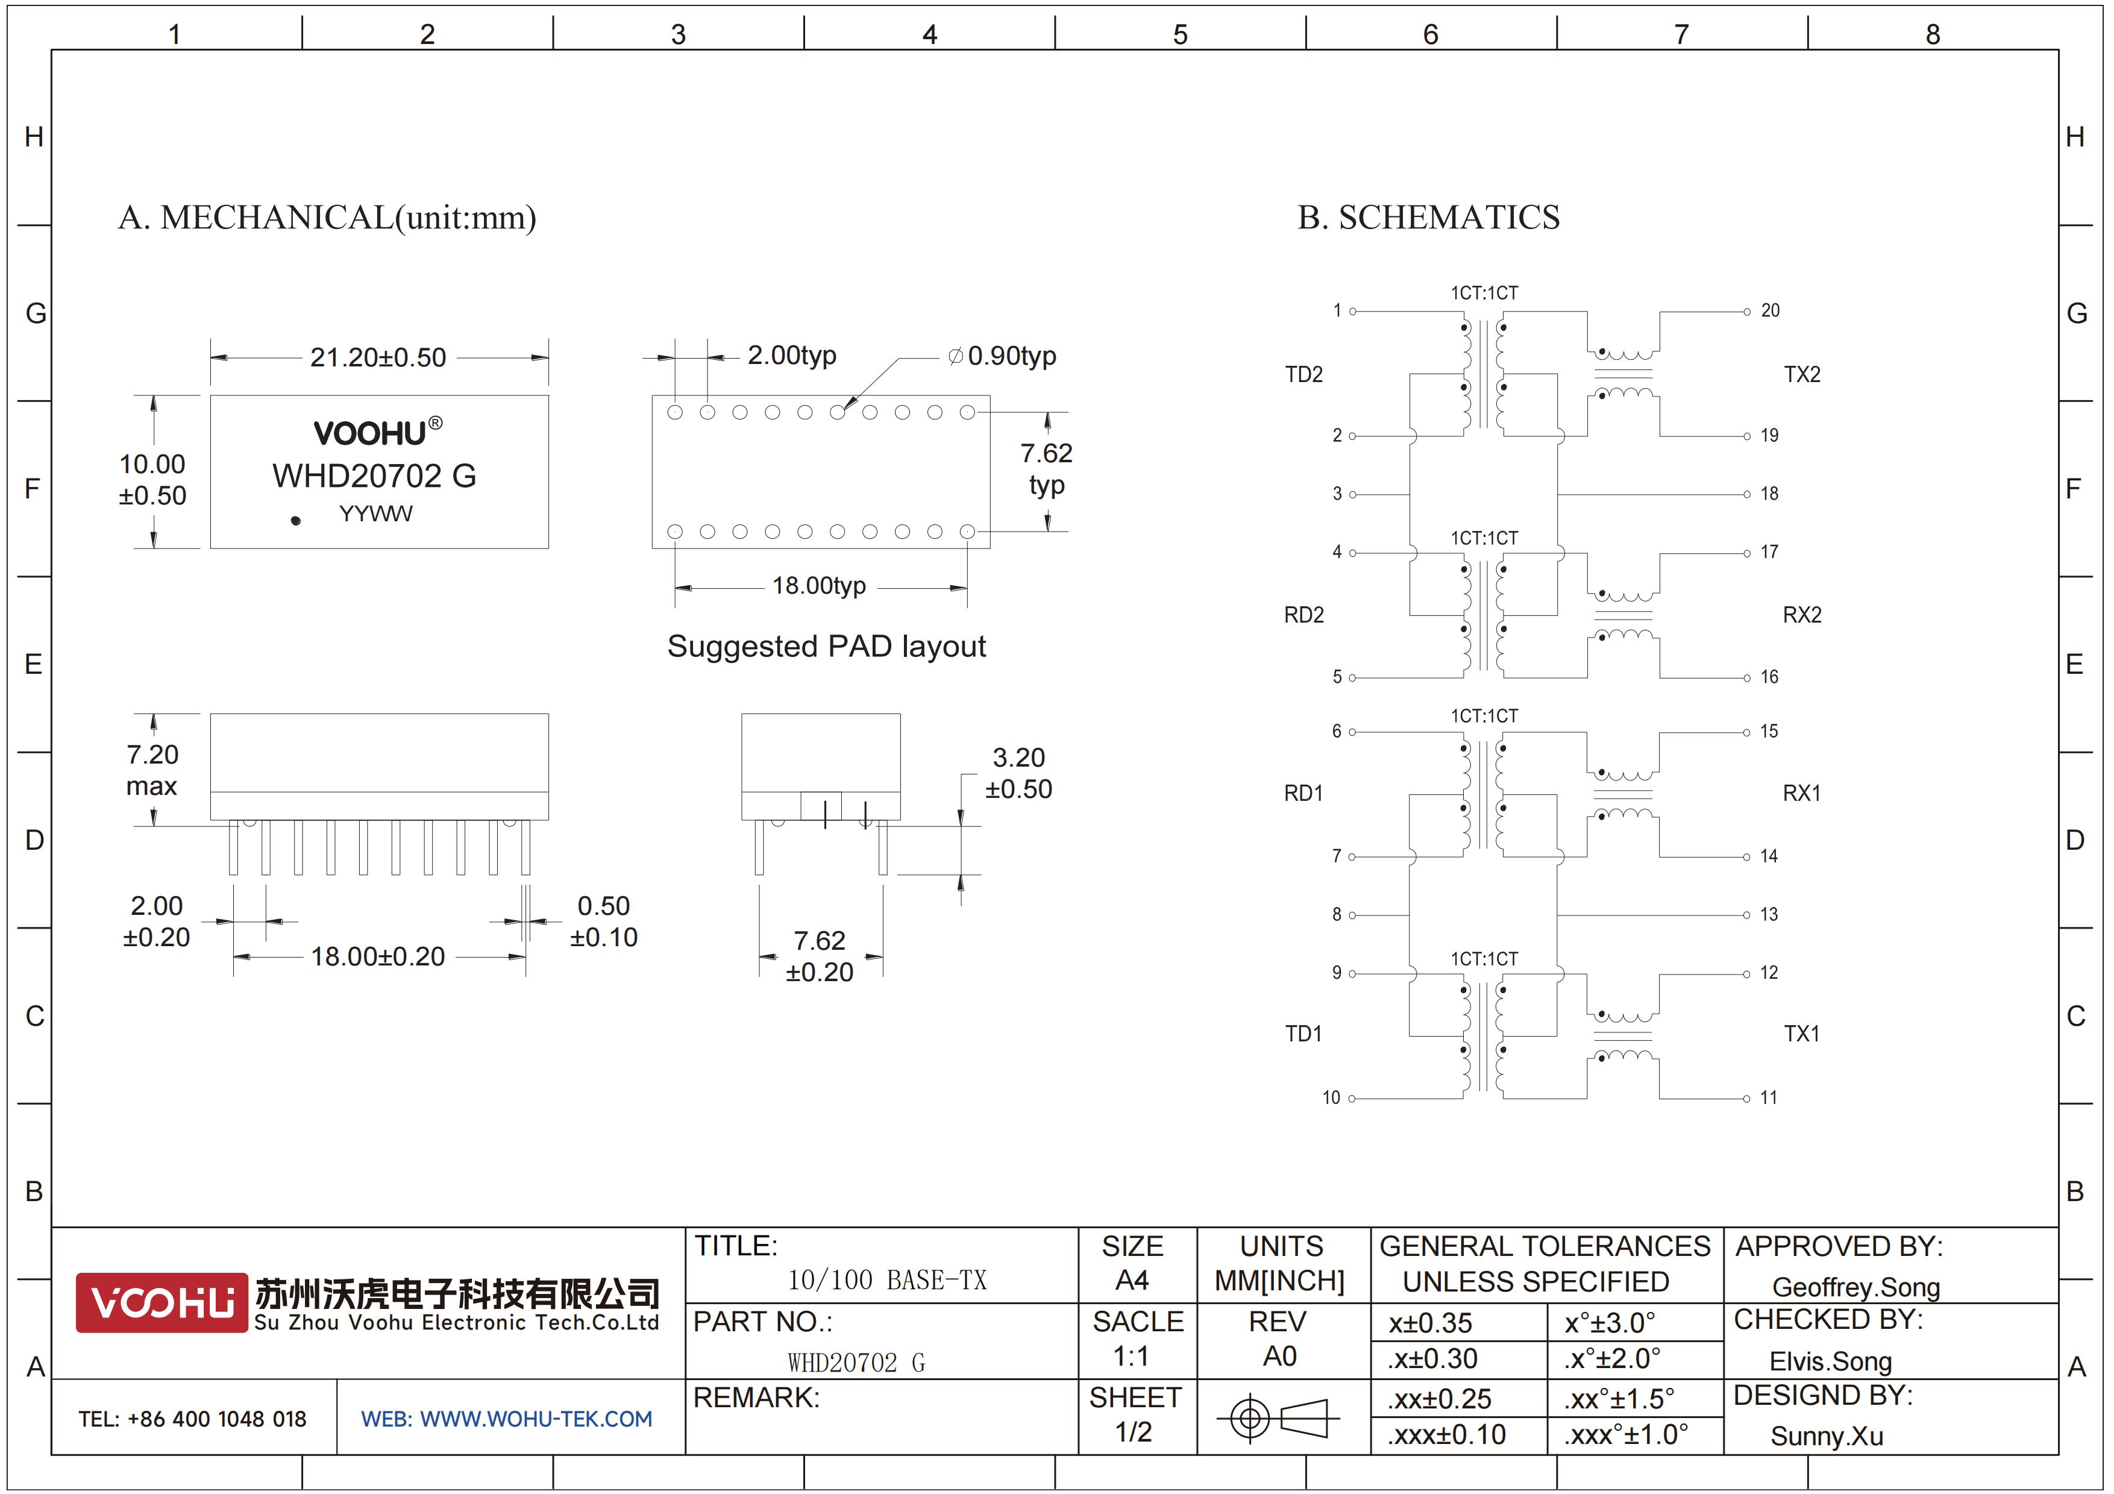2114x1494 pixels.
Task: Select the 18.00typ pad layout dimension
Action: click(818, 585)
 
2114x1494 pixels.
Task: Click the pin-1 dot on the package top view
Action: click(295, 520)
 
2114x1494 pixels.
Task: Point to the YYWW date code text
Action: click(375, 513)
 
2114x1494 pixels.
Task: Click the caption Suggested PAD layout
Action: click(826, 646)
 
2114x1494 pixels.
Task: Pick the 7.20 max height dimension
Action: click(152, 770)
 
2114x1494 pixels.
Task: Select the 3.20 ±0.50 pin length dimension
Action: click(1018, 773)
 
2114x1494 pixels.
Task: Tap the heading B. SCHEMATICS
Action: click(1428, 217)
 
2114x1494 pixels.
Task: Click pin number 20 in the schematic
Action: click(1771, 311)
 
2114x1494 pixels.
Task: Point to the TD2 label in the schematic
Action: click(1303, 375)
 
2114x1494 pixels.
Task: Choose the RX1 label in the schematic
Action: click(1802, 794)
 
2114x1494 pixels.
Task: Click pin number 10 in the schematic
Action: click(1331, 1097)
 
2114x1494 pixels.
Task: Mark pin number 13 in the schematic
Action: click(1769, 914)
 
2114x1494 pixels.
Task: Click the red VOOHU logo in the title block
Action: click(162, 1302)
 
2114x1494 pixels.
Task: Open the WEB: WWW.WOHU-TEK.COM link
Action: click(506, 1419)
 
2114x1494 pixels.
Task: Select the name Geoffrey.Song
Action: click(1856, 1287)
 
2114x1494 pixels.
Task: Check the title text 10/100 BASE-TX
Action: click(886, 1279)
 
